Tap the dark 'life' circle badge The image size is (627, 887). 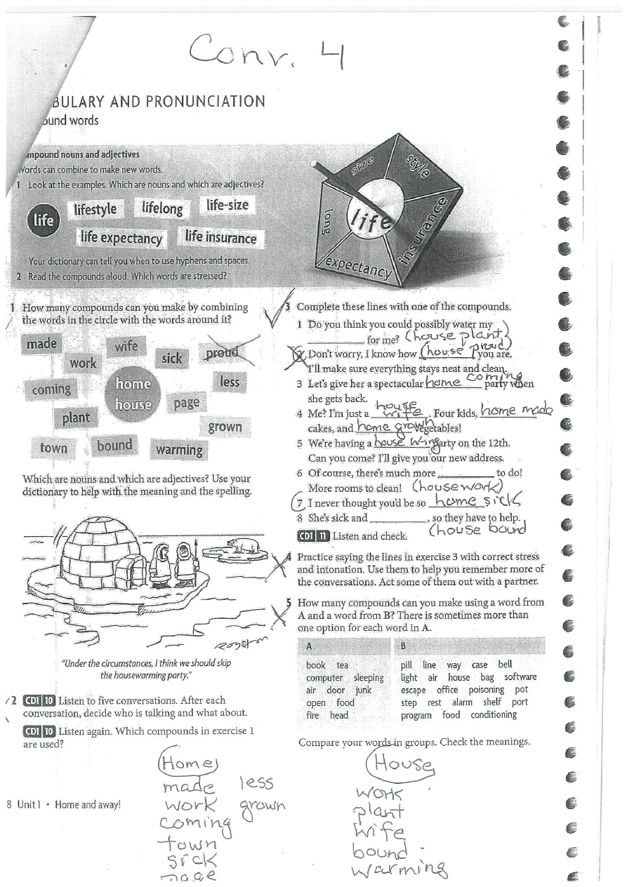[43, 220]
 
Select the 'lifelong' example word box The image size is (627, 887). [162, 208]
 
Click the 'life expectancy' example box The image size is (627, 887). [121, 238]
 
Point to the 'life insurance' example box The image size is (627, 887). [220, 237]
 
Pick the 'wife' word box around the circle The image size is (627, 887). [126, 345]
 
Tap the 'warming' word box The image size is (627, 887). [179, 449]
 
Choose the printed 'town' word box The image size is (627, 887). [53, 448]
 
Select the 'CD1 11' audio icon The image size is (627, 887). [313, 536]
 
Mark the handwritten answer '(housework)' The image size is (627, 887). [457, 486]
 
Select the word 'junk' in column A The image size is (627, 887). [363, 690]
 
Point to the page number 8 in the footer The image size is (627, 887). [9, 805]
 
